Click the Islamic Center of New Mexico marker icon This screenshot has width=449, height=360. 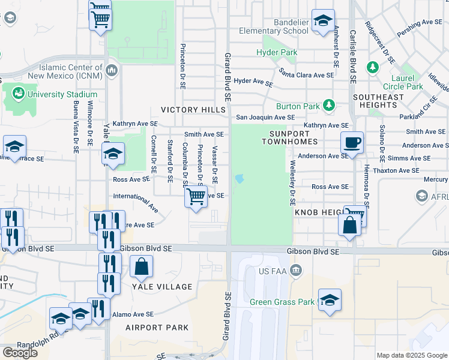[x=111, y=72]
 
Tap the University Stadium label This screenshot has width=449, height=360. [x=62, y=94]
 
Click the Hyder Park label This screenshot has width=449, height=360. [x=277, y=53]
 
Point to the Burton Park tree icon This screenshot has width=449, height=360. [x=328, y=106]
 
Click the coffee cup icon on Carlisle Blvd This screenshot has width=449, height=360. [x=352, y=143]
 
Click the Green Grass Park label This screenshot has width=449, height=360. [x=282, y=302]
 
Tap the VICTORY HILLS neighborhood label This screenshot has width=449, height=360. [x=193, y=110]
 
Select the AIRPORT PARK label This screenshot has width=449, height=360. [x=157, y=328]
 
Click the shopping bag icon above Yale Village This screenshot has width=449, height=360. [x=141, y=266]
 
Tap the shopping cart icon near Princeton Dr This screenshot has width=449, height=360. [x=196, y=196]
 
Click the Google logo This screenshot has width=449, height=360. [x=20, y=353]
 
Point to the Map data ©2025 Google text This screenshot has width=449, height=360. [x=411, y=355]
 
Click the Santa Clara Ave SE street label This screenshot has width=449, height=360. [x=306, y=75]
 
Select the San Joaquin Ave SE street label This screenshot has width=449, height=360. [x=265, y=118]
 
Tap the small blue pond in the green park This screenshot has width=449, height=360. [x=240, y=178]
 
